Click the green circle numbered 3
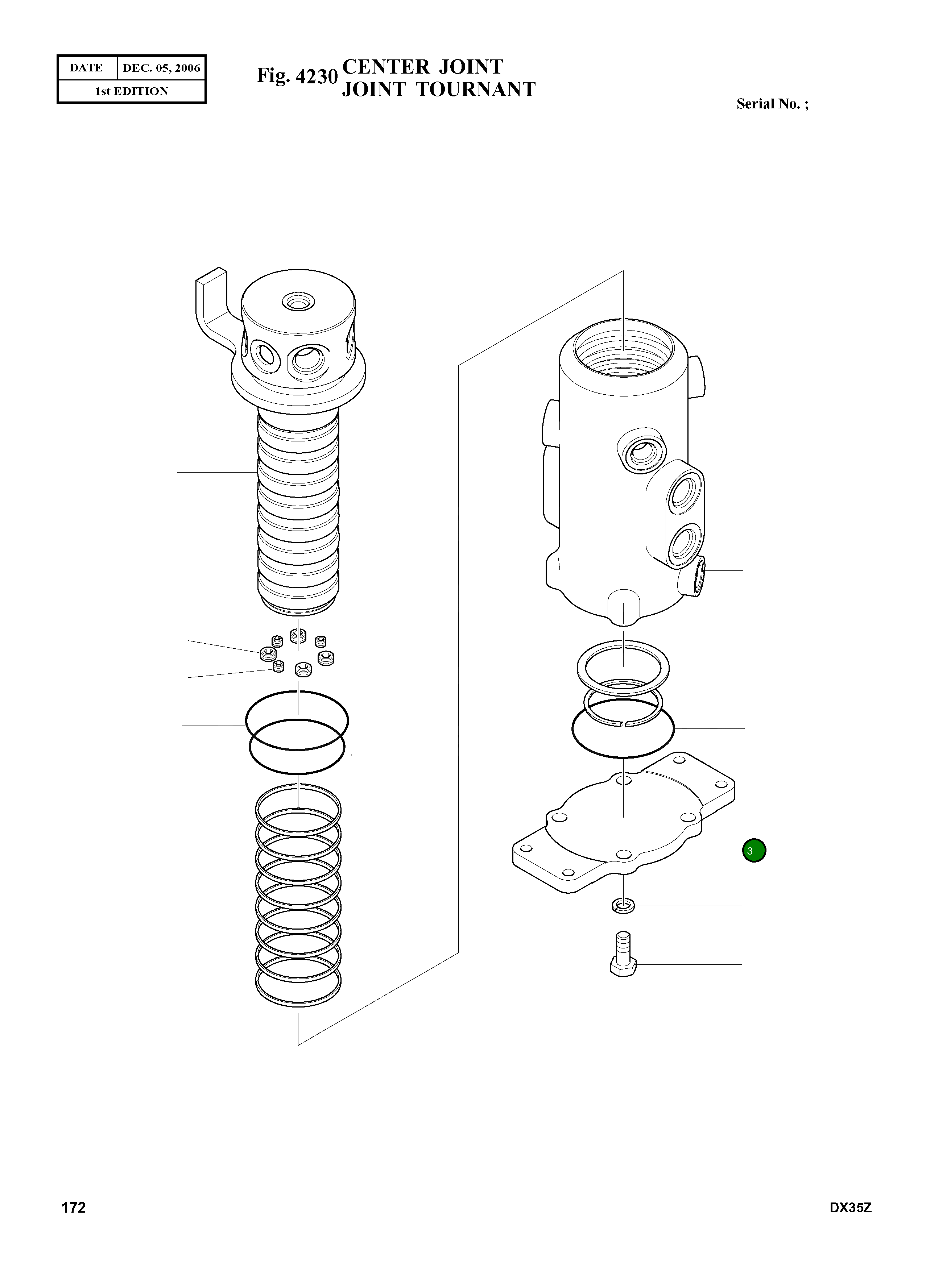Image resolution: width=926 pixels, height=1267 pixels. pyautogui.click(x=754, y=850)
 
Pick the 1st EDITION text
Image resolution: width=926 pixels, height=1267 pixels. pyautogui.click(x=132, y=91)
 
